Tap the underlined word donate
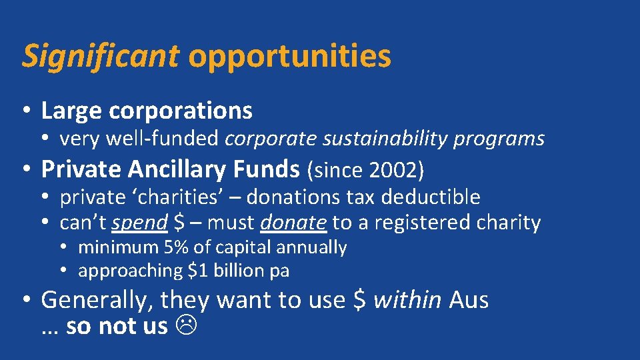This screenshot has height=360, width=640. tap(294, 223)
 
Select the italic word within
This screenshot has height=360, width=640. tap(407, 300)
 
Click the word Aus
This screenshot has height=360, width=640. tap(469, 300)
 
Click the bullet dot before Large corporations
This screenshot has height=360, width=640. tap(27, 111)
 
